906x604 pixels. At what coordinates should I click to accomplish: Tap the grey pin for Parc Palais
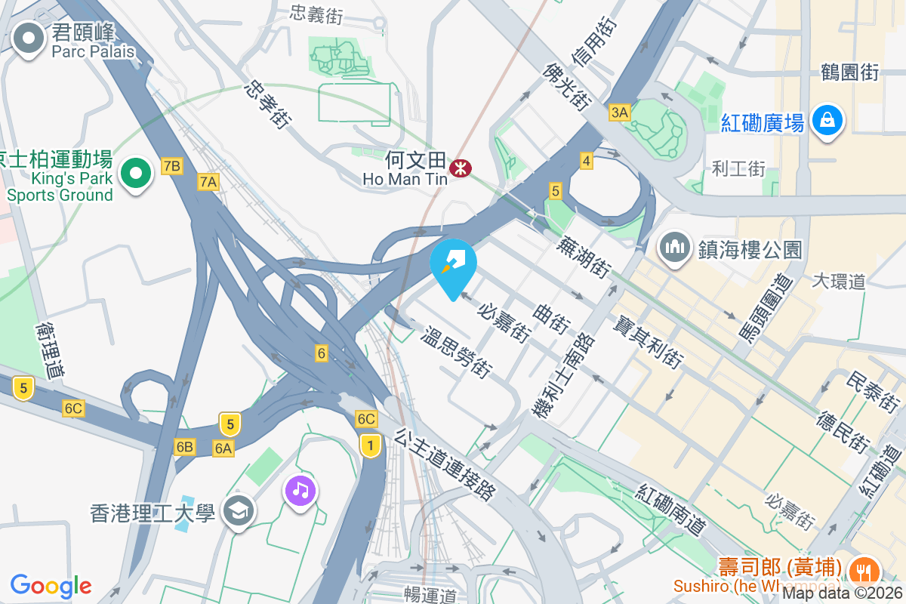[x=29, y=39]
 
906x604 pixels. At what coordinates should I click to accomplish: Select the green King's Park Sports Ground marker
[x=136, y=174]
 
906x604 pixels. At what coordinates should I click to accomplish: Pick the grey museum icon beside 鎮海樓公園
[x=675, y=248]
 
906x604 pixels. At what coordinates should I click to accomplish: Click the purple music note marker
[x=300, y=492]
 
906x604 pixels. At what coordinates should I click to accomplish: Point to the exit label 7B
[x=171, y=166]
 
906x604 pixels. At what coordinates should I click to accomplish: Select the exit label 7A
[x=208, y=181]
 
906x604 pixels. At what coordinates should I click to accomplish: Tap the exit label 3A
[x=619, y=113]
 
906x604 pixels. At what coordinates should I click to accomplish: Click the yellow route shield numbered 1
[x=370, y=445]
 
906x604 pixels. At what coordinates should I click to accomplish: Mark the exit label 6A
[x=223, y=448]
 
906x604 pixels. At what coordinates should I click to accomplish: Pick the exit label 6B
[x=185, y=447]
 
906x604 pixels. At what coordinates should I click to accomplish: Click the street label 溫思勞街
[x=458, y=351]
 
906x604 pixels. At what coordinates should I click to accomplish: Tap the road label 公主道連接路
[x=445, y=464]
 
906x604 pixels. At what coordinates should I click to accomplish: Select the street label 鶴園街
[x=849, y=72]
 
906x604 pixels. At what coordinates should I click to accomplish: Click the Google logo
[x=51, y=585]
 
